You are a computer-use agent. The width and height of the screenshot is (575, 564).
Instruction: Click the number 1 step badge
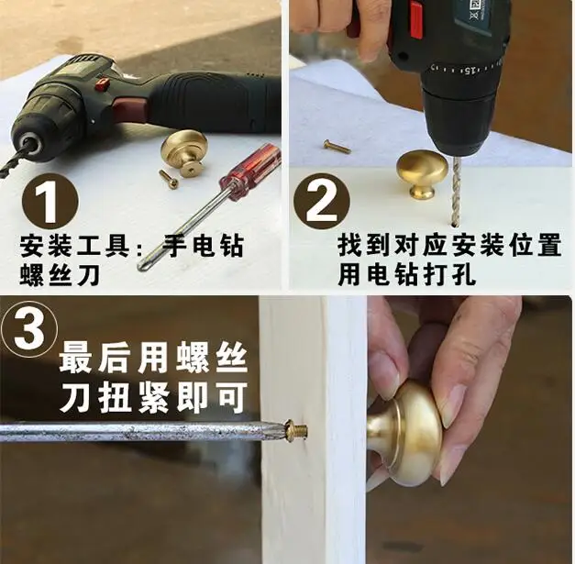50,202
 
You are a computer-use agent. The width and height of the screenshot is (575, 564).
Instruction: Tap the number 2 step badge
322,202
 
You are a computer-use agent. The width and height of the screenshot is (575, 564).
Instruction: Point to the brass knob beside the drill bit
422,173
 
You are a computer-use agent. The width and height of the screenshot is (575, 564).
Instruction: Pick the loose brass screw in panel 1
169,179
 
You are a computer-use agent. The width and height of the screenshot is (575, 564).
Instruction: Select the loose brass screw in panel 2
337,146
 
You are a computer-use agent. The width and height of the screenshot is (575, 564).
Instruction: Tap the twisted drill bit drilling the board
455,190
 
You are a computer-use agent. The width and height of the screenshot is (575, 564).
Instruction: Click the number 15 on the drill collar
470,69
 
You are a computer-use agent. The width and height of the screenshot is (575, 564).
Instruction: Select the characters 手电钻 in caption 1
203,246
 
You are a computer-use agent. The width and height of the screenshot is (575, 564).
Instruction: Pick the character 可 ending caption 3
232,397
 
